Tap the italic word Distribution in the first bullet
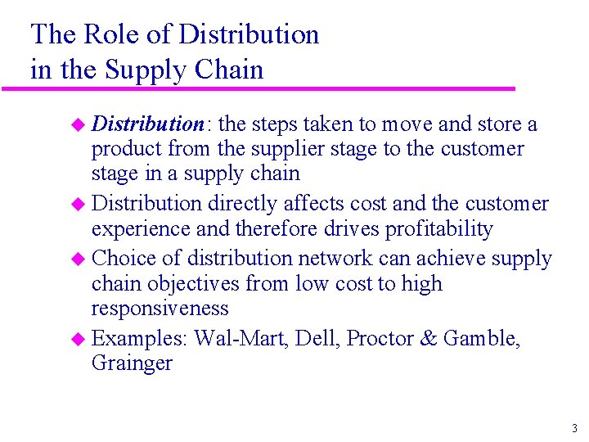pyautogui.click(x=147, y=124)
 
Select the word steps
pyautogui.click(x=274, y=124)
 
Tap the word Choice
pyautogui.click(x=124, y=259)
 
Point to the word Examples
pyautogui.click(x=140, y=338)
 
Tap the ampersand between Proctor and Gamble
pyautogui.click(x=429, y=338)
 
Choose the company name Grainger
pyautogui.click(x=132, y=363)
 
